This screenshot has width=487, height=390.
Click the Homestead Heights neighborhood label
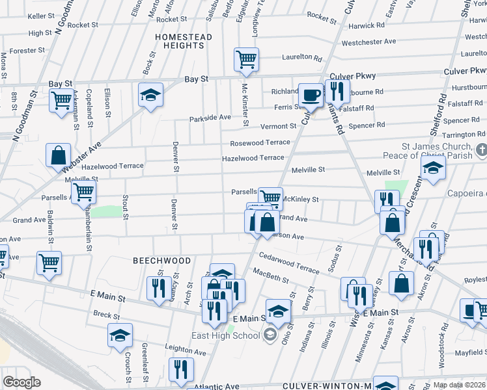(x=184, y=42)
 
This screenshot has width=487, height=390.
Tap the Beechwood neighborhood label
(x=162, y=261)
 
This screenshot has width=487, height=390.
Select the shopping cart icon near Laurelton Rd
(x=246, y=60)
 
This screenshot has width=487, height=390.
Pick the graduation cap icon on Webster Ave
(x=150, y=96)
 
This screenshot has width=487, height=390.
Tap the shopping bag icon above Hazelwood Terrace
(x=59, y=156)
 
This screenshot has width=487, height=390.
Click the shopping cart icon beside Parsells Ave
(x=83, y=192)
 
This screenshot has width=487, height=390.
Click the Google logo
(x=21, y=382)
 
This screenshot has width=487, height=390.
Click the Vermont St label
(x=278, y=126)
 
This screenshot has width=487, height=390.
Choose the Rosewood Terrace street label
(x=259, y=142)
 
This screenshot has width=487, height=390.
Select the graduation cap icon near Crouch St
(x=120, y=335)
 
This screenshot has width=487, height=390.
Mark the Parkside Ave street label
(x=210, y=118)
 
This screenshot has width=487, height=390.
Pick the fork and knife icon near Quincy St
(x=159, y=287)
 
